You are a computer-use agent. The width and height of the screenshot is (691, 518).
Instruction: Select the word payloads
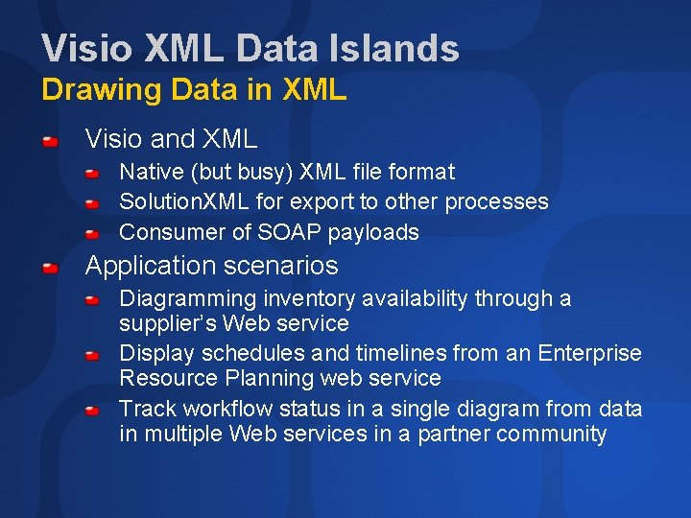click(x=373, y=233)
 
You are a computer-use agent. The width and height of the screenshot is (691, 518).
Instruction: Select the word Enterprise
click(x=589, y=353)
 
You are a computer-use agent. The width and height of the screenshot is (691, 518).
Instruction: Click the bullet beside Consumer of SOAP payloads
click(x=91, y=233)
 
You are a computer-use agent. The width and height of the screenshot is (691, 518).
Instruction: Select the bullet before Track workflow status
click(x=91, y=411)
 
